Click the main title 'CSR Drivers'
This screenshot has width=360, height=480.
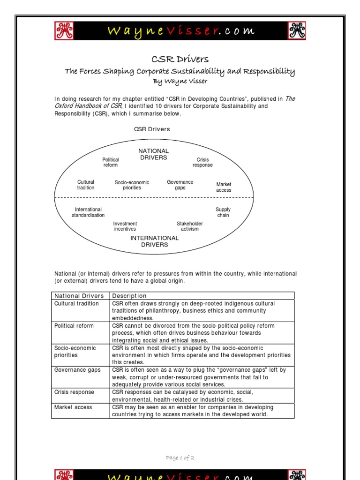pos(180,59)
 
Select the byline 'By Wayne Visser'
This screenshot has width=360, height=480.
pos(180,81)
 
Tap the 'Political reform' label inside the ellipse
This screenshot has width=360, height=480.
pos(111,162)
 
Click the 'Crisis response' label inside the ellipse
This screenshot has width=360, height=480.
pos(202,162)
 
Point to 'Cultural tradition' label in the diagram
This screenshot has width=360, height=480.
pos(86,185)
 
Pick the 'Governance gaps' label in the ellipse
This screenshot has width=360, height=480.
pos(180,185)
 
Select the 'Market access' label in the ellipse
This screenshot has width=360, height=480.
pos(224,187)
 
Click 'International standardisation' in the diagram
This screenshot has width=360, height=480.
pos(88,212)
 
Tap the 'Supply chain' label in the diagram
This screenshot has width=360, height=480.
pos(223,212)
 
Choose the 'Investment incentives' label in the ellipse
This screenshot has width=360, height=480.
pos(125,226)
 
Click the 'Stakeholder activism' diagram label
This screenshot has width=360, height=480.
pos(190,226)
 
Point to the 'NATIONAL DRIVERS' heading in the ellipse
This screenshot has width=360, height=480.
pos(153,154)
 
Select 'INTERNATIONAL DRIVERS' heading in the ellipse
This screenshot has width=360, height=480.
pos(154,241)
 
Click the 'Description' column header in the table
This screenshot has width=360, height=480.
pos(129,296)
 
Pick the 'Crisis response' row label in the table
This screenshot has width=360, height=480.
pos(74,392)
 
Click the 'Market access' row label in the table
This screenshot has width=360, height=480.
pos(73,407)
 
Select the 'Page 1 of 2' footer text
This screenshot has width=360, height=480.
pos(180,458)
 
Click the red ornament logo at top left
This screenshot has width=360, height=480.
pos(65,31)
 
